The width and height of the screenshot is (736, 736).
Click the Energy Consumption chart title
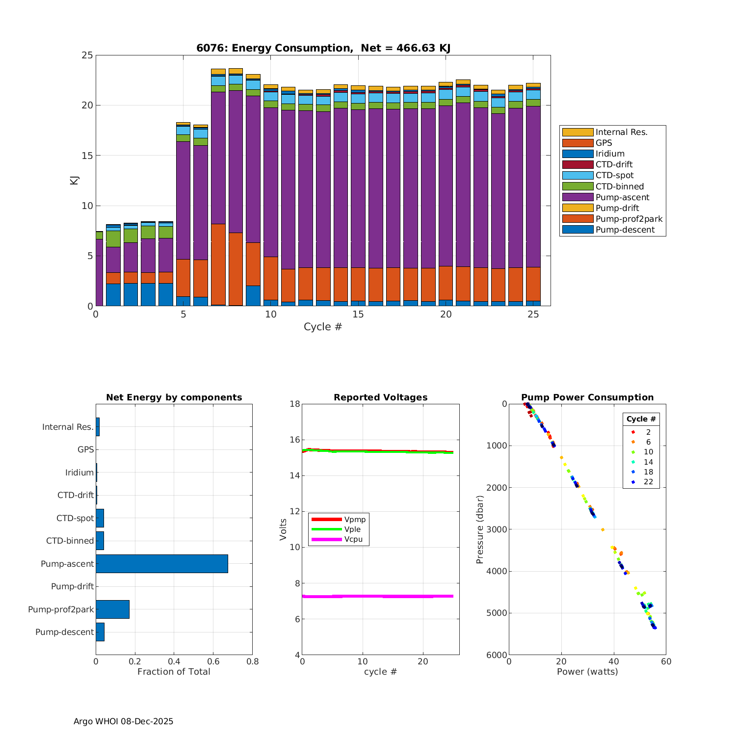323,48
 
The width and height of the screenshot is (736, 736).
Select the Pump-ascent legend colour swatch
578,197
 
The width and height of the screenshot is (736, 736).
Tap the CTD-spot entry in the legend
614,176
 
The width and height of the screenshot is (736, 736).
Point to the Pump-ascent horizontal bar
162,564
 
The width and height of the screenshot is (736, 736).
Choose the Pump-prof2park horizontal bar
112,609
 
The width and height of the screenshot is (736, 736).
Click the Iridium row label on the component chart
79,473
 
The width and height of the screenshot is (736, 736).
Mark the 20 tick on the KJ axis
87,105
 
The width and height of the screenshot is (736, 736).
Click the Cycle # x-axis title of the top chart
323,327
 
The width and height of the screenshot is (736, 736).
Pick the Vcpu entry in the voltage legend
353,539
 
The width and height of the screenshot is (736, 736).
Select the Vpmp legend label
355,520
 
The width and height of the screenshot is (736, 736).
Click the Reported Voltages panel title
380,397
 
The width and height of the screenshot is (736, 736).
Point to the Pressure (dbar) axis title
480,529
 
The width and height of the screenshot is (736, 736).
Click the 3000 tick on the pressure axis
498,529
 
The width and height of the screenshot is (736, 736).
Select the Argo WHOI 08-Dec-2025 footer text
123,721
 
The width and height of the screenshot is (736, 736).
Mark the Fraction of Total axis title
174,672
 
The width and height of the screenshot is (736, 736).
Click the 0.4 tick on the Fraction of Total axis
174,661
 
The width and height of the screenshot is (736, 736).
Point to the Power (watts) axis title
587,672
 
